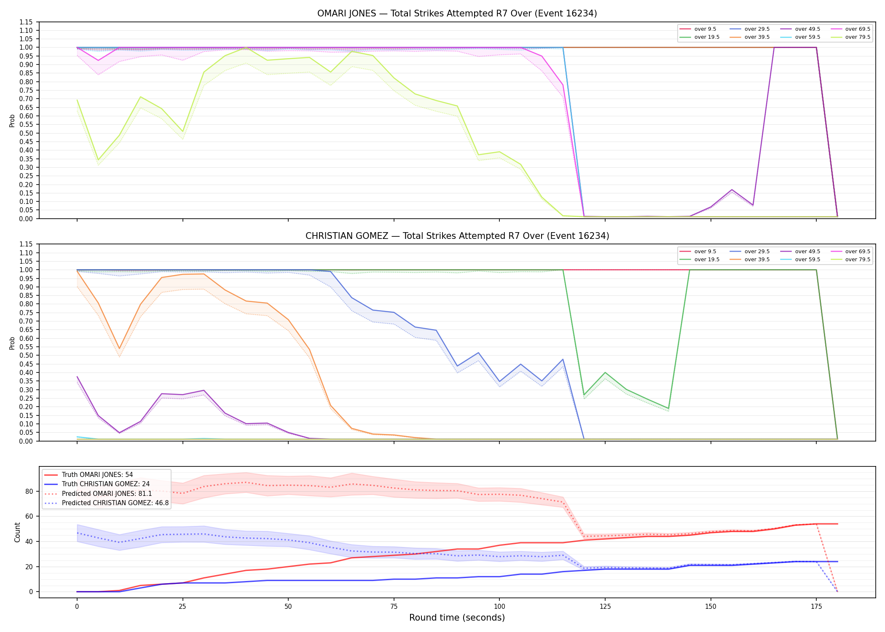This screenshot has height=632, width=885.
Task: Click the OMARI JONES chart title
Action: click(457, 13)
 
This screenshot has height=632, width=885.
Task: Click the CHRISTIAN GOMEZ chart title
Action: click(457, 236)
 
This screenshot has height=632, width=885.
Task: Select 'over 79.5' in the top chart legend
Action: click(858, 37)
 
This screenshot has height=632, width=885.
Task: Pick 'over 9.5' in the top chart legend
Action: click(705, 29)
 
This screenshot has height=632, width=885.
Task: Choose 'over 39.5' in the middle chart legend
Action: click(757, 260)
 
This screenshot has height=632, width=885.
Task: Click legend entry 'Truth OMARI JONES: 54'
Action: click(97, 475)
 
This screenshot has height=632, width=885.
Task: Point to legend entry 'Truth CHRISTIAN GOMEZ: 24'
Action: click(106, 484)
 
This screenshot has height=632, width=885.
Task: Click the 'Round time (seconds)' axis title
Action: click(457, 618)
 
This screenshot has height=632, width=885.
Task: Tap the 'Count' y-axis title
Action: click(17, 532)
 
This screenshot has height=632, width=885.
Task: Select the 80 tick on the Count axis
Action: click(29, 491)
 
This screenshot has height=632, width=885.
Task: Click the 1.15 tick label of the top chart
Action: click(26, 22)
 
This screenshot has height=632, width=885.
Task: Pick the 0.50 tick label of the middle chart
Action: click(26, 356)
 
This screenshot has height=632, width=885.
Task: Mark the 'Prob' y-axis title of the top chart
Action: click(12, 121)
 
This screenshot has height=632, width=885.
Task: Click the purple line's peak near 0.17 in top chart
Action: click(732, 190)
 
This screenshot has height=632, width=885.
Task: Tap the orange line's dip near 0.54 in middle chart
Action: click(119, 349)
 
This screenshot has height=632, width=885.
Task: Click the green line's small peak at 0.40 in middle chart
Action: click(605, 372)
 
